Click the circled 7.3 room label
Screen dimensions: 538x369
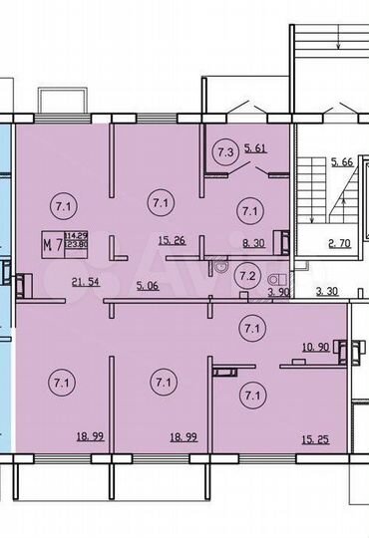[225, 151]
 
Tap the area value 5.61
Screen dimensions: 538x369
[254, 146]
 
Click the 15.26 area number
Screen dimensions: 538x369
[171, 240]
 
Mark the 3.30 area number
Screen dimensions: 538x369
[323, 292]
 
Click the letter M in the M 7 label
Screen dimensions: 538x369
[47, 240]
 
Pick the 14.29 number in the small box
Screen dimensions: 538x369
[76, 235]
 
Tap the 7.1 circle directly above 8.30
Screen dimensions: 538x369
[247, 209]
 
